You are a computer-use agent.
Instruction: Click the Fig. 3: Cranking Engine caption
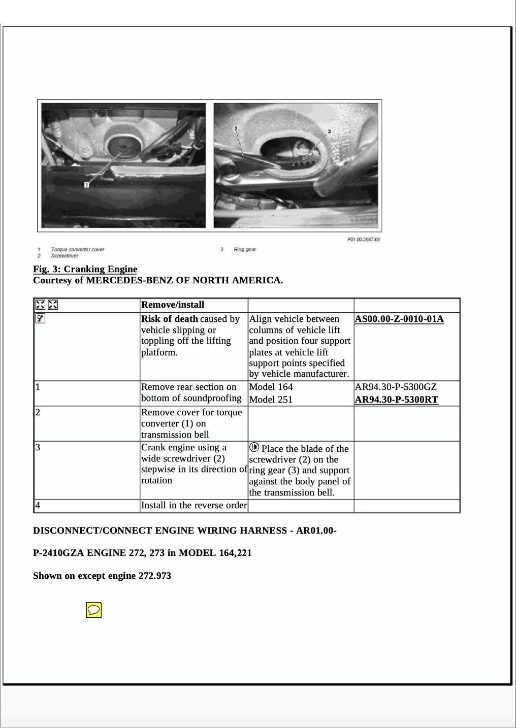(85, 269)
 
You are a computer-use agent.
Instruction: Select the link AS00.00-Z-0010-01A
(399, 319)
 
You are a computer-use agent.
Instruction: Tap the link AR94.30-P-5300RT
(396, 399)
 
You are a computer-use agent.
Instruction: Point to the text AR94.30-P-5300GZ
(396, 387)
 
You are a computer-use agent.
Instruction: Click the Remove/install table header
(173, 305)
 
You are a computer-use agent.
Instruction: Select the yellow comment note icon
(94, 610)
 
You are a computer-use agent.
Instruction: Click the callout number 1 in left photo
(87, 184)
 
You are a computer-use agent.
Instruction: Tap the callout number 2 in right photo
(236, 128)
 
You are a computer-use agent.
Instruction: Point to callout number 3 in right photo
(329, 131)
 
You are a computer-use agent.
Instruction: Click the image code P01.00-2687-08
(364, 240)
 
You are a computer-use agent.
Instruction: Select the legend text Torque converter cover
(77, 249)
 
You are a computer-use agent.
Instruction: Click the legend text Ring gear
(245, 249)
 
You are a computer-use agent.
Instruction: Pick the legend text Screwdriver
(64, 256)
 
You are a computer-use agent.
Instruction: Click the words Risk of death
(170, 319)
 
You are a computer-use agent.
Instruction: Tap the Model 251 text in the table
(271, 400)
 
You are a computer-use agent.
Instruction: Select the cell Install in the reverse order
(193, 505)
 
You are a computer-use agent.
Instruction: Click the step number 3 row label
(38, 447)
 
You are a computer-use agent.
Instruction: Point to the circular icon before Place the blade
(254, 447)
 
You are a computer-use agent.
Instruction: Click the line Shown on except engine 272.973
(102, 576)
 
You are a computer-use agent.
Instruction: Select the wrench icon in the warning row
(40, 319)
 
